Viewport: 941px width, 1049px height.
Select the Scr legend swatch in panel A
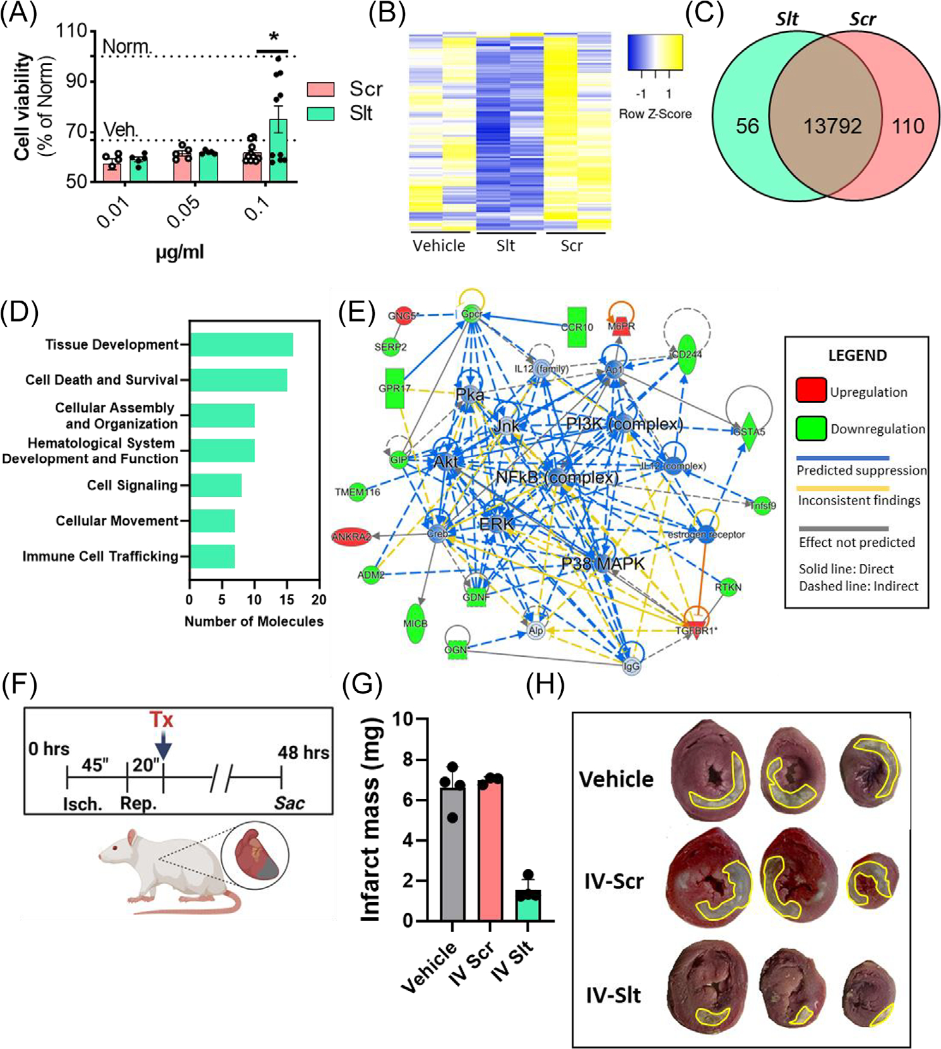tap(320, 89)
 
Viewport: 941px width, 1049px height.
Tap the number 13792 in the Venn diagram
tap(832, 126)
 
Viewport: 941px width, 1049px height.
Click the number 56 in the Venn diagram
tap(747, 126)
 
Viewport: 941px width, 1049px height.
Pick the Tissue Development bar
tap(241, 345)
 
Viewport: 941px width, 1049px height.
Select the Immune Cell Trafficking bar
tap(212, 556)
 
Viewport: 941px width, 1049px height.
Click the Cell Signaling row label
tap(132, 485)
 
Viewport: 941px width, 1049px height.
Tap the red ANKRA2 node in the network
tap(351, 537)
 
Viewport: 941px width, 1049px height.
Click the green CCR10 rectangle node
tap(576, 327)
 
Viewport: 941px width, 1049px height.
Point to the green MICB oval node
tap(415, 623)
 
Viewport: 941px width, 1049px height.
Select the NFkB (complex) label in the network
tap(557, 477)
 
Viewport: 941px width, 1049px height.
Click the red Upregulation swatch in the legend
tap(811, 390)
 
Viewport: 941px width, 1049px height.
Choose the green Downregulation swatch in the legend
tap(811, 428)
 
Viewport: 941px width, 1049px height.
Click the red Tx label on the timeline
tap(161, 719)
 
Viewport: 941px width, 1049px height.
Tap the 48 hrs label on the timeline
tap(303, 752)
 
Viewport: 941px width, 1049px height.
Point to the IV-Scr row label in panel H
tap(614, 880)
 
